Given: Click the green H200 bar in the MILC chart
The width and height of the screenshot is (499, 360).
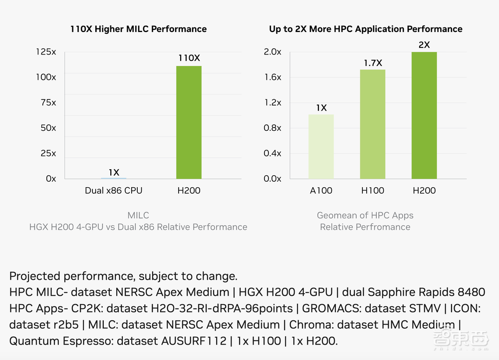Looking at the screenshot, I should (189, 122).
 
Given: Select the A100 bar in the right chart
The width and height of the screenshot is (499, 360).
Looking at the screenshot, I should (321, 146).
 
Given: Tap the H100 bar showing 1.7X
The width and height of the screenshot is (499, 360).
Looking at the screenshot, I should (372, 124).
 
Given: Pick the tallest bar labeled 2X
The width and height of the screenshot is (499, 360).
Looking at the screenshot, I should (424, 115).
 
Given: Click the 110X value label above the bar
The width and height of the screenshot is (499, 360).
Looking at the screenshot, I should (189, 58).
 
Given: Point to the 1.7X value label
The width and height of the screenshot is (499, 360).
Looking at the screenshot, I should (372, 63).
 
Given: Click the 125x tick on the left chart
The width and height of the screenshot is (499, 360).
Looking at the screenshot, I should (46, 51).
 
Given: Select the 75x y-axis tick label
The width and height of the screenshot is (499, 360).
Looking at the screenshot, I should (48, 102).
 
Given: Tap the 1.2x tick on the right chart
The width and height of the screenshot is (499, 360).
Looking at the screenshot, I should (272, 102).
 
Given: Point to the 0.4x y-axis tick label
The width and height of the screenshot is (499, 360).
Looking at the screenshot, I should (272, 153).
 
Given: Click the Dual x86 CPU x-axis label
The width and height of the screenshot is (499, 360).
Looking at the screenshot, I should (113, 190).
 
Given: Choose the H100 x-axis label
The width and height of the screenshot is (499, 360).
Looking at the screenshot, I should (372, 190).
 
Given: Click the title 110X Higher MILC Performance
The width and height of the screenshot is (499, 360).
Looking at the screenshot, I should (138, 29).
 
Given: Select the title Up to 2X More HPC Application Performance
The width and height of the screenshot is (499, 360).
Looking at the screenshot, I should (365, 29).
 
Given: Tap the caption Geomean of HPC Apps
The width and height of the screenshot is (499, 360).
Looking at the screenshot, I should (365, 215).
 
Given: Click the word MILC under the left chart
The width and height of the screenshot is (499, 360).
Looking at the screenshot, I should (138, 215).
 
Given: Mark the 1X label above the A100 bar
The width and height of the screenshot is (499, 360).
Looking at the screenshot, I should (321, 108).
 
